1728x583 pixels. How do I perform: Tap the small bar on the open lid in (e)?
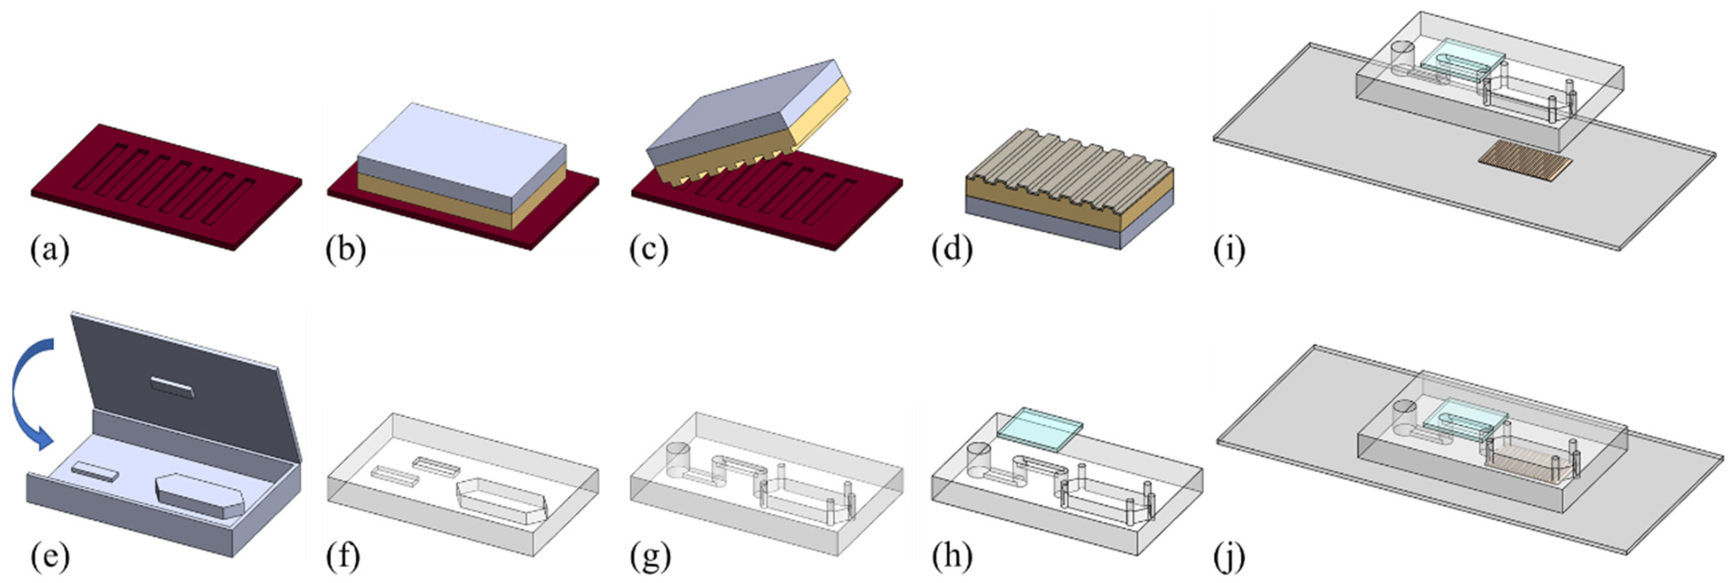172,386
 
